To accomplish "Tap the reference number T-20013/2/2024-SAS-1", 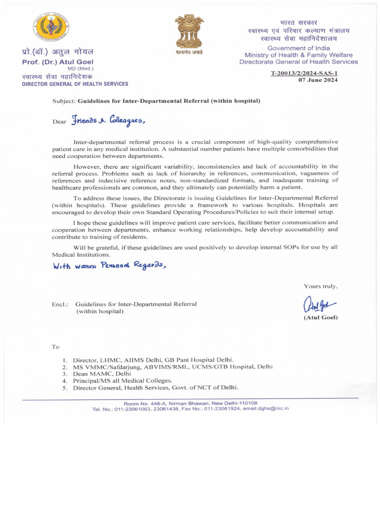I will pyautogui.click(x=304, y=73).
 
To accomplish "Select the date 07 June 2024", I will pyautogui.click(x=318, y=80).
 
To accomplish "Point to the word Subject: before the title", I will pyautogui.click(x=64, y=101).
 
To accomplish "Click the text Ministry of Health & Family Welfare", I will pyautogui.click(x=298, y=55).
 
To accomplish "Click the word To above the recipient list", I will pyautogui.click(x=55, y=347).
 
